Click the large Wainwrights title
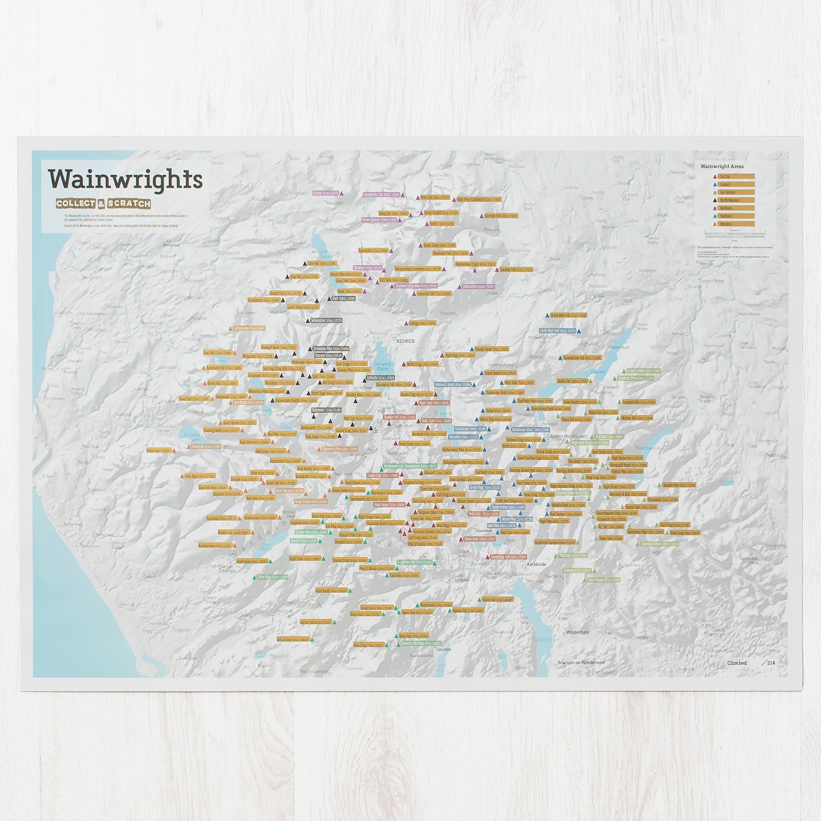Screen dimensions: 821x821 [x=125, y=179]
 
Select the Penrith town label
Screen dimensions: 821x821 [x=707, y=264]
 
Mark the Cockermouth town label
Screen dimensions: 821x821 [x=228, y=253]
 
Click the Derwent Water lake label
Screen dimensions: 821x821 [x=383, y=366]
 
